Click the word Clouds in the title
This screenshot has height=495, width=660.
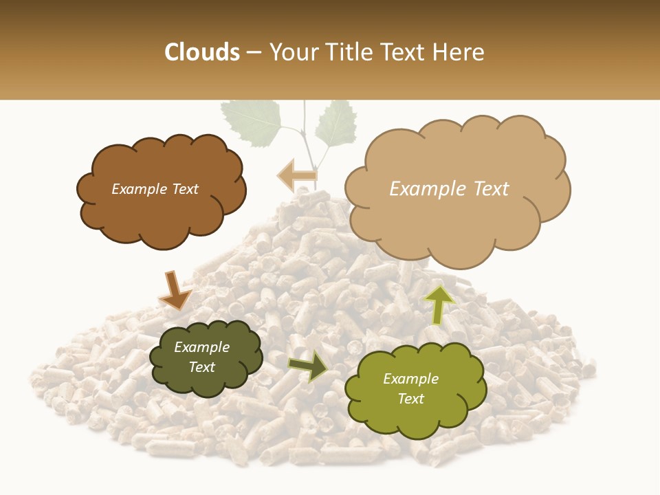tap(202, 52)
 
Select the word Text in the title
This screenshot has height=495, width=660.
tap(406, 52)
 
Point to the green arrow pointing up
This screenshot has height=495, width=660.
tap(439, 304)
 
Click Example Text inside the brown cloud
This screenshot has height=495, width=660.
tap(155, 189)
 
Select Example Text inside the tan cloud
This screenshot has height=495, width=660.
tap(449, 189)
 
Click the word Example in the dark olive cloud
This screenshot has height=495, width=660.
tap(201, 347)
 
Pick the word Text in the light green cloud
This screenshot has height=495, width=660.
tap(410, 399)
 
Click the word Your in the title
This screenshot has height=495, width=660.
tap(291, 52)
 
